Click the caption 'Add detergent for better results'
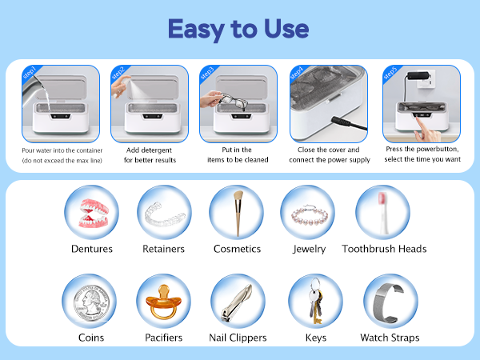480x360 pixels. coord(150,155)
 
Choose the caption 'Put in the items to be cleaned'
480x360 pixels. coord(239,155)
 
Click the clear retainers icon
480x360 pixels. coord(163,212)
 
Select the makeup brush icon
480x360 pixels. coord(237,212)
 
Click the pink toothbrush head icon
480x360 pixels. coord(382,212)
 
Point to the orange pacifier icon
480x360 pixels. coord(163,302)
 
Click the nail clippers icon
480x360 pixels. coord(237,303)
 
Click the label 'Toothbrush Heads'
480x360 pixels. coord(384,249)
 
